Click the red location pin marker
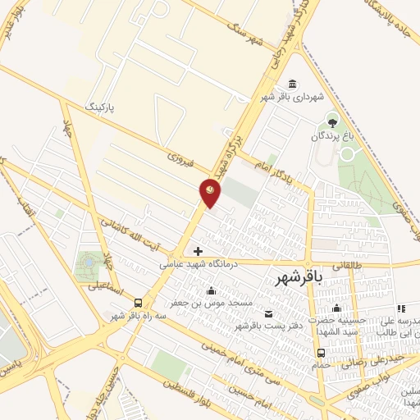(211, 193)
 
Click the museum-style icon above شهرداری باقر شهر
(293, 84)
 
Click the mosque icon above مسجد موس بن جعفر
(212, 290)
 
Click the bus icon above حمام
(321, 354)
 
